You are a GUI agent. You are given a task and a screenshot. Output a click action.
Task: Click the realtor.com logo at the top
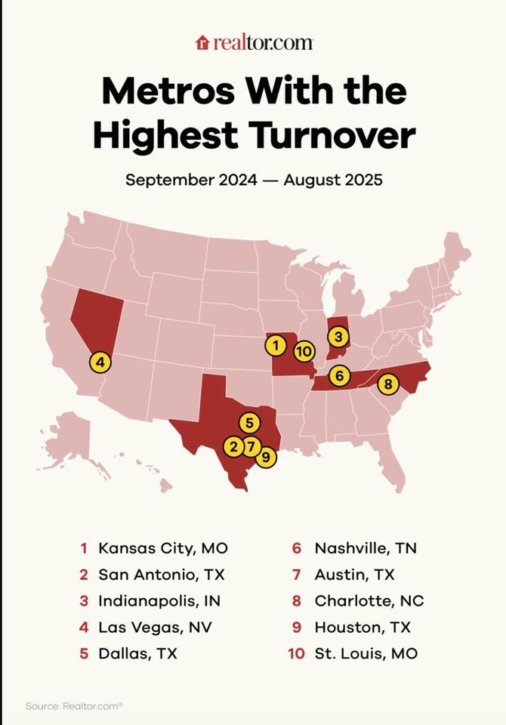click(x=254, y=42)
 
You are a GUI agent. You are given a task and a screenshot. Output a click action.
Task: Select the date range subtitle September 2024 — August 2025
click(x=254, y=180)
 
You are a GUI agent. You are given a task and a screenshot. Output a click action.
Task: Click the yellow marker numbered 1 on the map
click(x=276, y=346)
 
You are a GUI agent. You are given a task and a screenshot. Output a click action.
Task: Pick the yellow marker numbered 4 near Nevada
click(x=100, y=362)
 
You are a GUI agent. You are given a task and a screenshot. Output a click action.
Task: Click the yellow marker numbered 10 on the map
click(x=304, y=351)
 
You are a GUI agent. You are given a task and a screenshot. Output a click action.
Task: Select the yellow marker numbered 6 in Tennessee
click(x=340, y=375)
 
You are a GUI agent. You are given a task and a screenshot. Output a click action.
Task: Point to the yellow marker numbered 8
click(x=387, y=384)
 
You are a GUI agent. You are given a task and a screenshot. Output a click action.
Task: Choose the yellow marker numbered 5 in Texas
click(x=249, y=422)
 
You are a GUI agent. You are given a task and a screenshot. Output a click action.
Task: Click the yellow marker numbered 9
click(x=266, y=456)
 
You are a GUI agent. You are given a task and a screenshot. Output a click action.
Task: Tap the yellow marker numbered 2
click(x=233, y=446)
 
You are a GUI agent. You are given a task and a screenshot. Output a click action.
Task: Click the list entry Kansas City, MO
click(x=162, y=548)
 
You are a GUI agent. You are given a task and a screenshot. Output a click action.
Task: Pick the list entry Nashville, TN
click(x=365, y=548)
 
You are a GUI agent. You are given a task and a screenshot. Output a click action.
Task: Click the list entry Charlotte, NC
click(x=369, y=601)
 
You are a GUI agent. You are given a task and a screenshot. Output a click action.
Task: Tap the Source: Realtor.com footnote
click(x=74, y=706)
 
